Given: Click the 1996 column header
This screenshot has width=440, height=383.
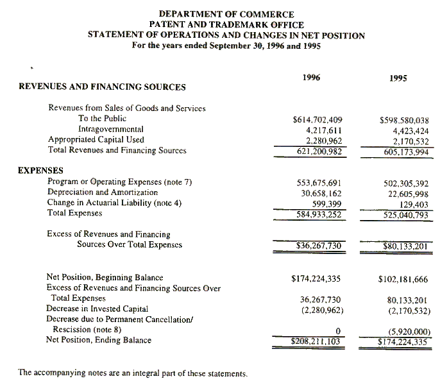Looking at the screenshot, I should click(x=311, y=78).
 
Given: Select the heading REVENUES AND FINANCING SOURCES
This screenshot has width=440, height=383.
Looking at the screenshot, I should click(x=102, y=87).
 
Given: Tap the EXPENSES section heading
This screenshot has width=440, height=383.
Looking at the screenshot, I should click(x=40, y=170).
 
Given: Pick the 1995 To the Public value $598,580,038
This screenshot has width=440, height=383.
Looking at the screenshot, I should click(x=404, y=120).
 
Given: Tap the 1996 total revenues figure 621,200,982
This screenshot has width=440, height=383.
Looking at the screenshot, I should click(x=319, y=151).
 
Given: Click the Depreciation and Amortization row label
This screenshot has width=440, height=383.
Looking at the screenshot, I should click(x=103, y=192).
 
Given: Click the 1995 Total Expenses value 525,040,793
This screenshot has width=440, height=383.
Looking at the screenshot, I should click(x=404, y=214).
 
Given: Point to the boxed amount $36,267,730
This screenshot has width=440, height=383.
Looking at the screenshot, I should click(x=318, y=245).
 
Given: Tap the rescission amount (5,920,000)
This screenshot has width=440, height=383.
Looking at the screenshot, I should click(x=409, y=332).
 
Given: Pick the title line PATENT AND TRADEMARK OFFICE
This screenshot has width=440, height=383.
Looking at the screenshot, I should click(x=226, y=24).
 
